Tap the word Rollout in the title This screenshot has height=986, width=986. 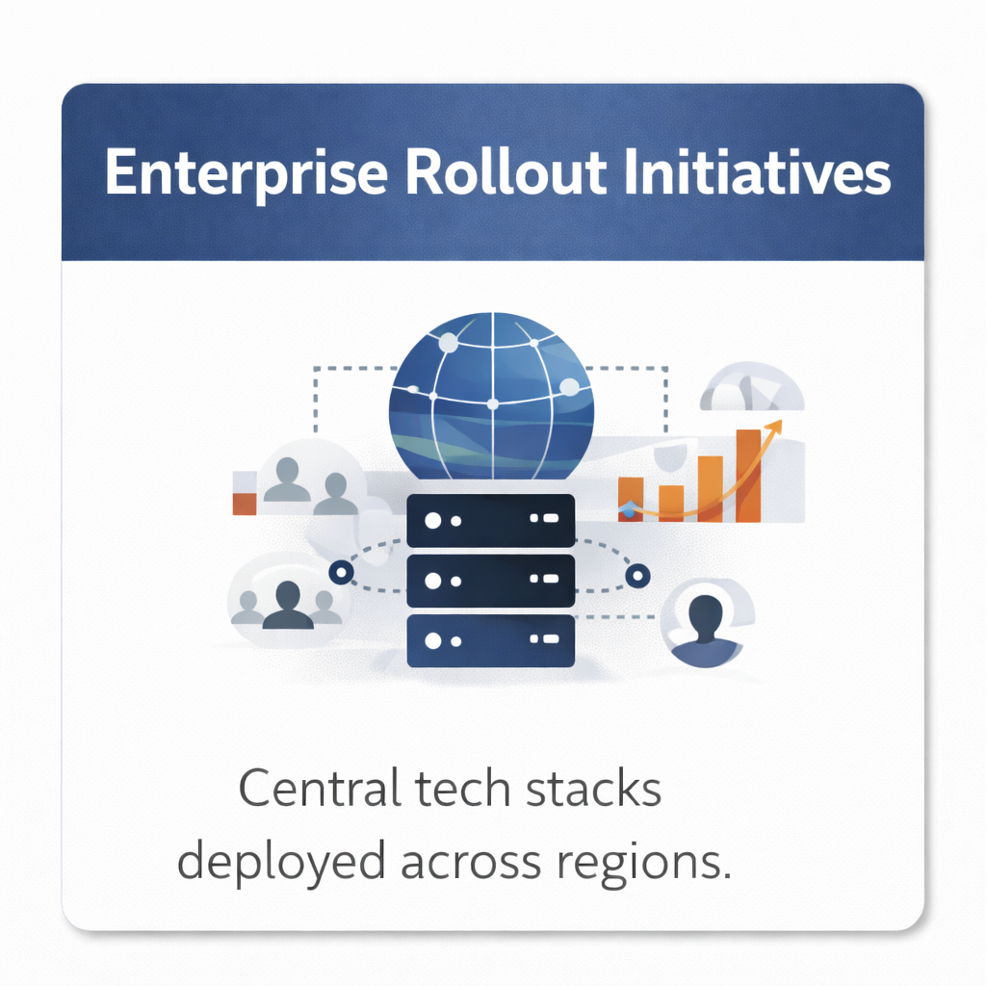click(x=506, y=171)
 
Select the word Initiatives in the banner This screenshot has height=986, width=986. click(x=758, y=171)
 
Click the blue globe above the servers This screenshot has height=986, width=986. click(x=492, y=396)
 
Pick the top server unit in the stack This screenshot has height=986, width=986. click(x=490, y=520)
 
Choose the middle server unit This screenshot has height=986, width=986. click(x=490, y=581)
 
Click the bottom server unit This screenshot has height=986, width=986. click(x=490, y=640)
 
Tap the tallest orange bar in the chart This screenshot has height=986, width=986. click(x=748, y=476)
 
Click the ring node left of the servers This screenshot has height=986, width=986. click(x=341, y=573)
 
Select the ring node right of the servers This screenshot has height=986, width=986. click(x=637, y=576)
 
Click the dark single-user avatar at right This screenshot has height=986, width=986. click(x=706, y=630)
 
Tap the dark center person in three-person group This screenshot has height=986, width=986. click(x=287, y=605)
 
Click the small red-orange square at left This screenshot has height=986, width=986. click(x=245, y=504)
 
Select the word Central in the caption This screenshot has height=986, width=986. click(x=320, y=789)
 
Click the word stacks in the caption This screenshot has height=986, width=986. click(x=593, y=789)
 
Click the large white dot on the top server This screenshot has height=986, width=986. click(x=432, y=520)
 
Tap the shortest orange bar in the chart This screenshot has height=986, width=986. click(x=671, y=504)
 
